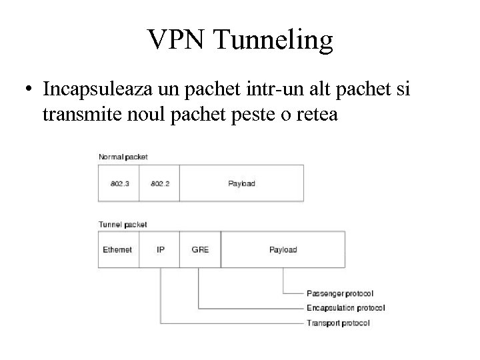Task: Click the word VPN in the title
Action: pyautogui.click(x=177, y=40)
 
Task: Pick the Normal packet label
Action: pyautogui.click(x=123, y=157)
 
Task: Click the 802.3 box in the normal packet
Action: pyautogui.click(x=119, y=183)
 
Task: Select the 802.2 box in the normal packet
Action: pyautogui.click(x=159, y=183)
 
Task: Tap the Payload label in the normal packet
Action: pyautogui.click(x=241, y=183)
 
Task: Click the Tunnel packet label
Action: pyautogui.click(x=123, y=225)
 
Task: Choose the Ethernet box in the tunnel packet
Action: pyautogui.click(x=118, y=249)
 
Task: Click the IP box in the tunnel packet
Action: pyautogui.click(x=160, y=249)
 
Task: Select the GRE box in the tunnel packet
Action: pyautogui.click(x=200, y=249)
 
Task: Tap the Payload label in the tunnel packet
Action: pyautogui.click(x=283, y=249)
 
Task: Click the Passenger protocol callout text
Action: pyautogui.click(x=339, y=293)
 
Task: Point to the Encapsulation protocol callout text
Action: pyautogui.click(x=345, y=308)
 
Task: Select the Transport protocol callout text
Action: pyautogui.click(x=338, y=323)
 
